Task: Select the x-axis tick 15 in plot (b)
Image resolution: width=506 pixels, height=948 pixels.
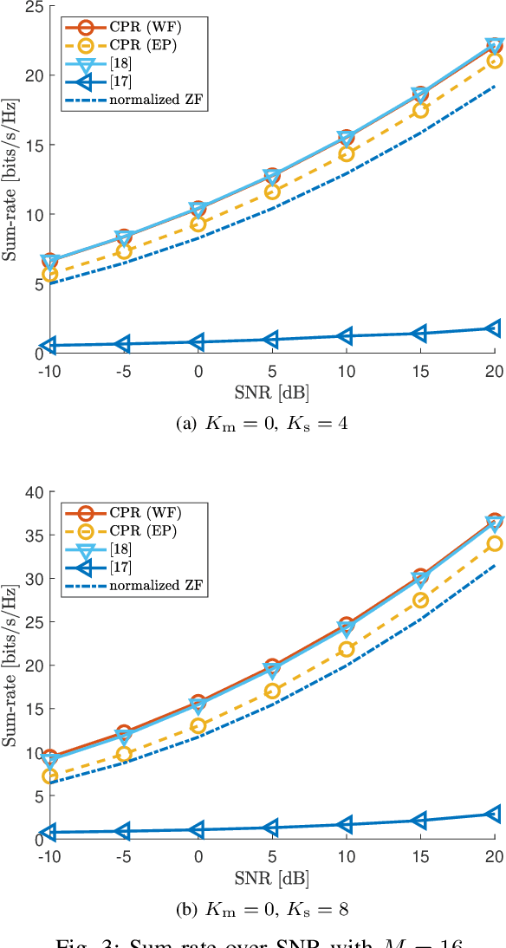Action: [419, 855]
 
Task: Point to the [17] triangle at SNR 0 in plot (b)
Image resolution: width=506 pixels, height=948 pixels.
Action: [198, 829]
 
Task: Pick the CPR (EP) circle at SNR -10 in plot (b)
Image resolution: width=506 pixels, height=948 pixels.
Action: [50, 776]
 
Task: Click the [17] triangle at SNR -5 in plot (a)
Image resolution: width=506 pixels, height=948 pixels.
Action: [124, 344]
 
